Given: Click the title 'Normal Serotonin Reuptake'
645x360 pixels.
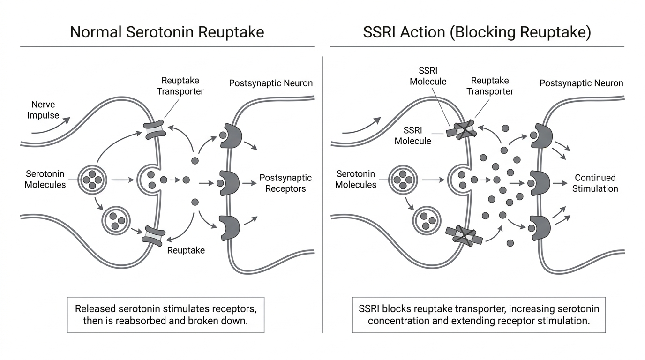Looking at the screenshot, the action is point(167,32).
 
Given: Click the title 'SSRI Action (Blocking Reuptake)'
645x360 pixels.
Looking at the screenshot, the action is point(477,32).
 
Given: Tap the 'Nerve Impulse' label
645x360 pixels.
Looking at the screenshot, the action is point(43,110).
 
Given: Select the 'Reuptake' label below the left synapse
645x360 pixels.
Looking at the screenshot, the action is point(186,250).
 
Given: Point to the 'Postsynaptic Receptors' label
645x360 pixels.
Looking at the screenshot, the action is point(285,183).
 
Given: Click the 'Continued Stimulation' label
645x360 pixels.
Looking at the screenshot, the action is point(595,183).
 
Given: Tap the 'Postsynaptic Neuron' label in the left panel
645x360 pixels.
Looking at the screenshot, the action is point(270,83).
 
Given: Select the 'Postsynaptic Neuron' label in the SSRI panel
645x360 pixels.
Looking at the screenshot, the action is point(581,83).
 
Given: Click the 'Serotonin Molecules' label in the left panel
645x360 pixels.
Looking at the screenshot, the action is point(45,179).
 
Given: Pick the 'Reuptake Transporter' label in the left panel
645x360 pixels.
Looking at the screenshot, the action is point(180,86).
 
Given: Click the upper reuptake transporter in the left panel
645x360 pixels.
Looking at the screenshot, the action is point(155,129).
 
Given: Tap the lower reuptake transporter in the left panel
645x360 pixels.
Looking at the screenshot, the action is point(154,236).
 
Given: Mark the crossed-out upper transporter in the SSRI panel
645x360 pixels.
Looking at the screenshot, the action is point(462,130).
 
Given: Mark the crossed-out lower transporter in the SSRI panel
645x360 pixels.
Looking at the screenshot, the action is point(464,236).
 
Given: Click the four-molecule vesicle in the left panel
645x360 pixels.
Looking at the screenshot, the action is point(92,180).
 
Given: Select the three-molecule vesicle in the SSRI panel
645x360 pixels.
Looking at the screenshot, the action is point(427,221).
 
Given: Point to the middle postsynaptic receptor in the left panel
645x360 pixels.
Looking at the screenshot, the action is point(230,183).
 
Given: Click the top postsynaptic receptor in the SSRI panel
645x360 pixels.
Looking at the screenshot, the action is point(542,135).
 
